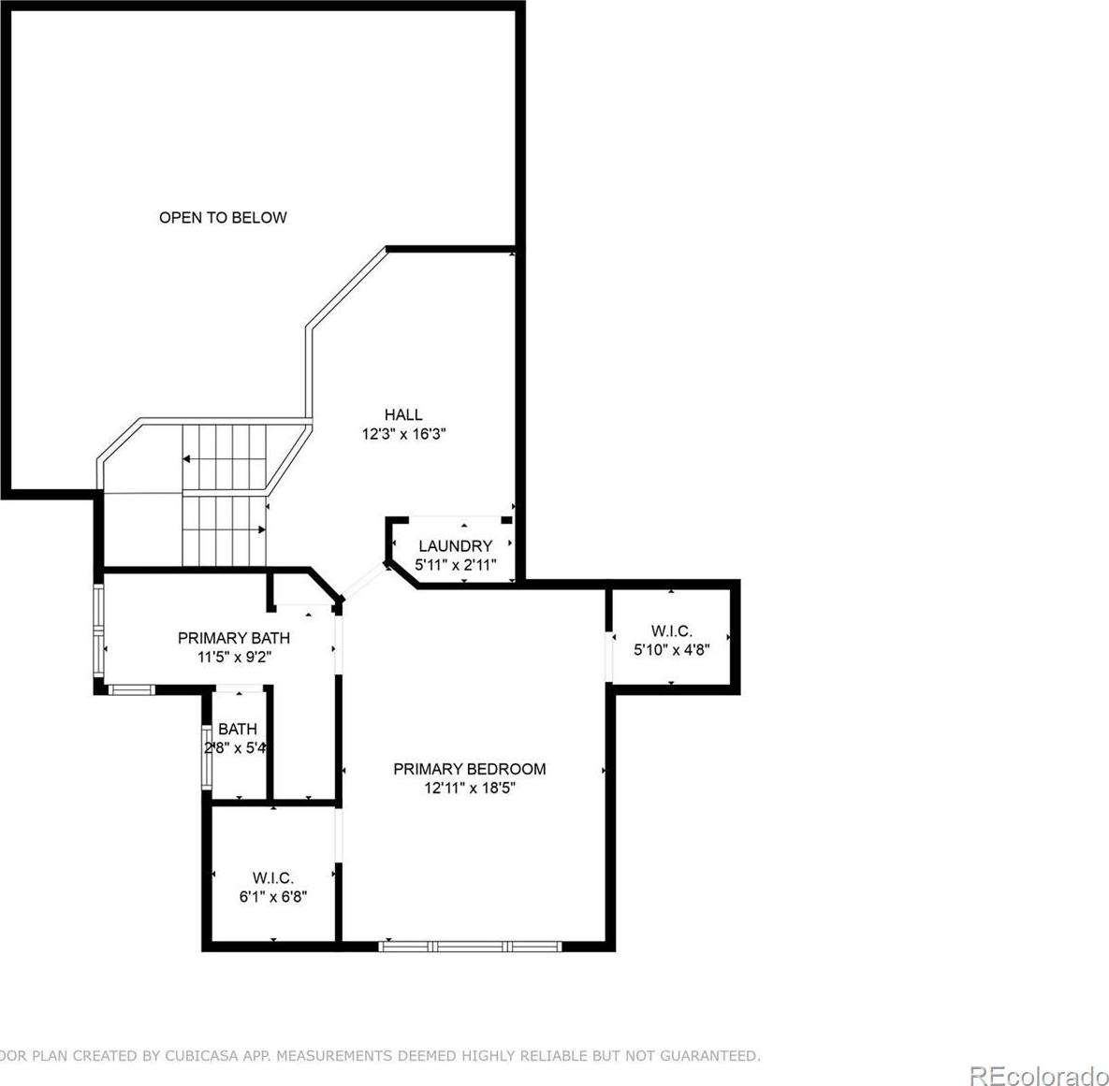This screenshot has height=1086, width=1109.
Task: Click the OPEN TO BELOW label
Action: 223,217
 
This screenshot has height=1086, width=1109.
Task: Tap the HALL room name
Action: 403,414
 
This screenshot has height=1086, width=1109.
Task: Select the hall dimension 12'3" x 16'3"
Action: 403,434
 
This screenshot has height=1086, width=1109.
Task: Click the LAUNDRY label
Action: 456,546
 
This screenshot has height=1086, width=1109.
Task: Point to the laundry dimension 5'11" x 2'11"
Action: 456,565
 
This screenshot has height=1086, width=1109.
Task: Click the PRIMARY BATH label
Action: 233,638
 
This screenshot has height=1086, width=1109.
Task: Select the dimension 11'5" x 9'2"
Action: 234,657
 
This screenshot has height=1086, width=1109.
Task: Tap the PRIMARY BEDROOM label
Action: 470,769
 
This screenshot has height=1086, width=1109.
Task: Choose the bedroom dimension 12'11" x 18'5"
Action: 470,788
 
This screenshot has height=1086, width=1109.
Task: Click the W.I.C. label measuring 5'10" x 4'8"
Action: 671,630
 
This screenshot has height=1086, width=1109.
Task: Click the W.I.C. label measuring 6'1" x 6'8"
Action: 273,878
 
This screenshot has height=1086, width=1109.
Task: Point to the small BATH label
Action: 238,729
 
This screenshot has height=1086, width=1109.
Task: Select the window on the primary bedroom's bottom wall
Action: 470,946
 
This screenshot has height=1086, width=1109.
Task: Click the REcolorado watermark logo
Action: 1039,1076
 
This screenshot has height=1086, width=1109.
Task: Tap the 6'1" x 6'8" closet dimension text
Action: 273,897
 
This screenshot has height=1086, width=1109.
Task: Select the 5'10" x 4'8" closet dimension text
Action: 671,650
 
